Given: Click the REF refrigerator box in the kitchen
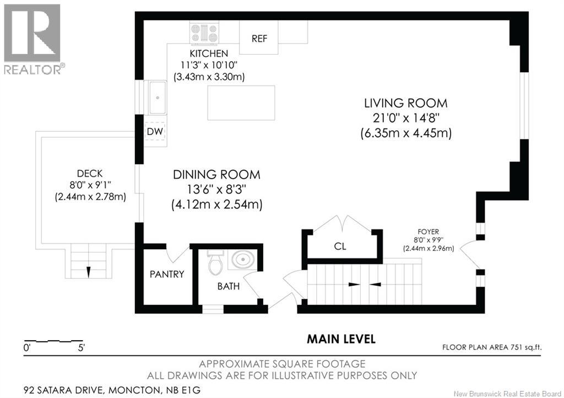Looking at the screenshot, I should pyautogui.click(x=258, y=38).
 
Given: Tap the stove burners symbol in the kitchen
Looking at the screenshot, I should pyautogui.click(x=205, y=33).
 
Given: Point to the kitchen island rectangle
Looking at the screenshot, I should pyautogui.click(x=241, y=103).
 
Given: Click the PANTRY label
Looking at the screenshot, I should pyautogui.click(x=167, y=274).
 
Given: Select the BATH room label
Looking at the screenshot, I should pyautogui.click(x=228, y=287).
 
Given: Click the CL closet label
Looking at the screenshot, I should pyautogui.click(x=340, y=246).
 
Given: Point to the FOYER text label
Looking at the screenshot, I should pyautogui.click(x=428, y=232).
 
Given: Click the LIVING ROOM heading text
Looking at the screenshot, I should pyautogui.click(x=405, y=103).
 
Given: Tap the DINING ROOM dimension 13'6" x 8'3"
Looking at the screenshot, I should pyautogui.click(x=216, y=190).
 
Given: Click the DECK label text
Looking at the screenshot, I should pyautogui.click(x=90, y=173).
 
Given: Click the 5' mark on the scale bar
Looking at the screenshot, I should pyautogui.click(x=81, y=348).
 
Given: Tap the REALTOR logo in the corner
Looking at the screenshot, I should pyautogui.click(x=32, y=39).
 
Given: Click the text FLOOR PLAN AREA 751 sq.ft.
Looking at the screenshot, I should pyautogui.click(x=492, y=347).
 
